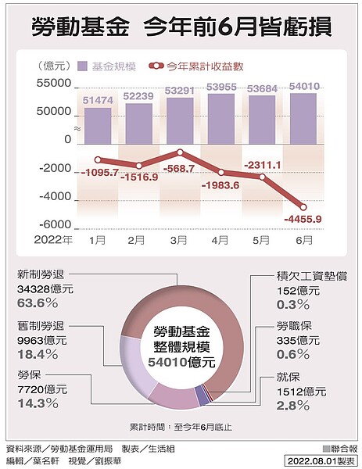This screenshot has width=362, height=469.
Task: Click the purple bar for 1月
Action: (x=98, y=124)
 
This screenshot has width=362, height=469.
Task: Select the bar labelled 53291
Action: (x=180, y=120)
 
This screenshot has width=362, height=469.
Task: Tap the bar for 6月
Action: (x=303, y=118)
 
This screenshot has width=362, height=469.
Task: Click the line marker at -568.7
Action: (x=181, y=153)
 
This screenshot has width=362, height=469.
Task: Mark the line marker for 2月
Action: (x=139, y=165)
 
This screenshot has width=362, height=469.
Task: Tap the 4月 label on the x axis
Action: (x=221, y=238)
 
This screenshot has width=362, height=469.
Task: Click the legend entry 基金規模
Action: (x=113, y=67)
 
